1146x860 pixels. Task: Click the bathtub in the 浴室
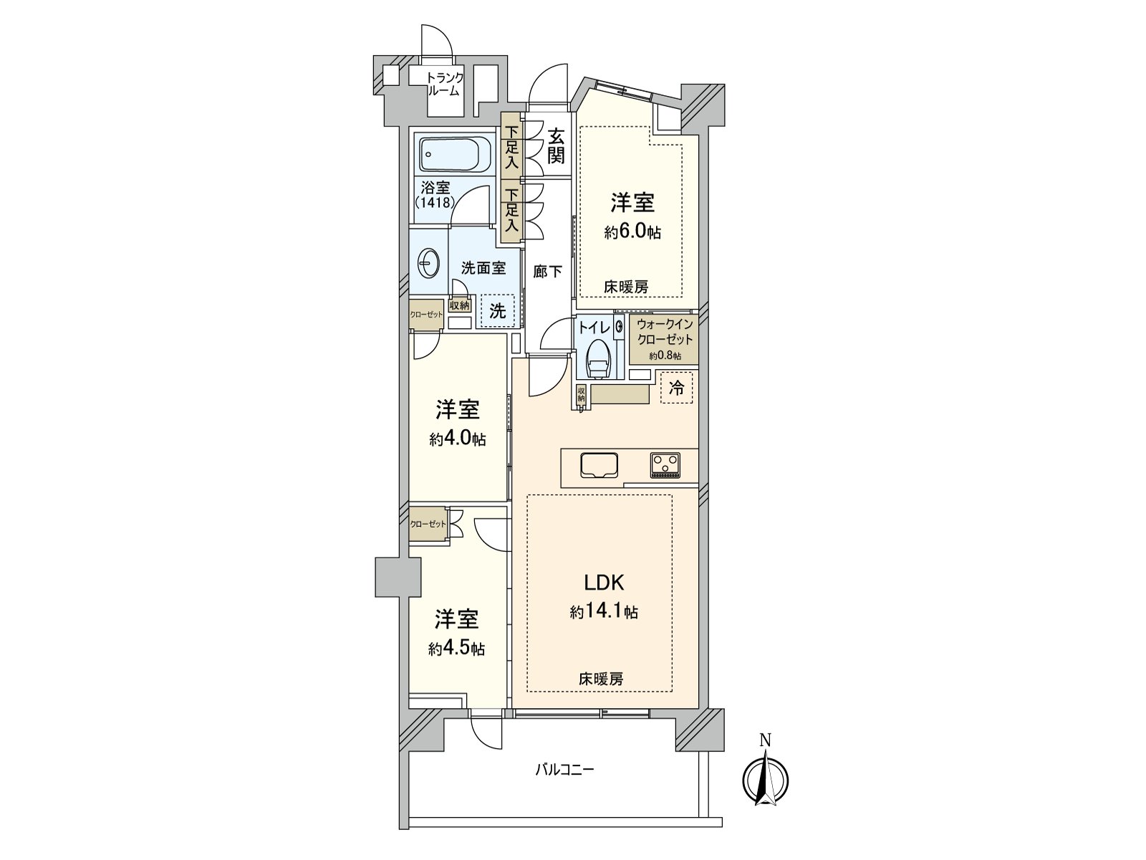(455, 154)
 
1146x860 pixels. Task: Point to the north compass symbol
(766, 778)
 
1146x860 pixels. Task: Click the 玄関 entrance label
(557, 146)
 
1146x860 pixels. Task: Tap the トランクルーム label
(444, 85)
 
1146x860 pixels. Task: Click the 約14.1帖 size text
(605, 612)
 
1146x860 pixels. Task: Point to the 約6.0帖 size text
(632, 232)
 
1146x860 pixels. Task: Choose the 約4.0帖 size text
(458, 439)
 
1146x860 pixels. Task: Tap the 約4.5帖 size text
(457, 649)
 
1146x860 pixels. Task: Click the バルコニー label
(565, 770)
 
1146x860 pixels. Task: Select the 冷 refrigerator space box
(676, 388)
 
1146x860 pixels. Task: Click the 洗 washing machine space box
(497, 311)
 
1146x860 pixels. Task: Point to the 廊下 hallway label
(548, 272)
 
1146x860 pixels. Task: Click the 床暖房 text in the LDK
(601, 679)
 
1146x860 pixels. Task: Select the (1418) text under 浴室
(435, 202)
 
